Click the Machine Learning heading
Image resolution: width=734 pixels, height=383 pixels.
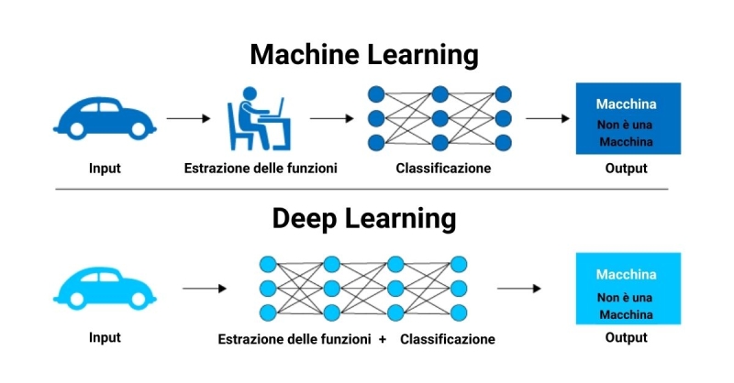tap(364, 55)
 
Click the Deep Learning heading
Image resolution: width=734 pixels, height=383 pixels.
tap(364, 219)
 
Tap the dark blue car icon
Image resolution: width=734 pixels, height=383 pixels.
tap(105, 117)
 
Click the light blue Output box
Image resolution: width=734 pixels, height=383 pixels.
tap(628, 288)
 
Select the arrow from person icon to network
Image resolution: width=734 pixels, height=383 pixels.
tap(331, 118)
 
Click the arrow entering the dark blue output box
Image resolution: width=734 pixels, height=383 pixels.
tap(548, 118)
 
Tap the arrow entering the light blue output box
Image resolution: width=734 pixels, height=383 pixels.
tap(518, 289)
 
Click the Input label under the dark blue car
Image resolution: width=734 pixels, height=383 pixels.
tap(105, 169)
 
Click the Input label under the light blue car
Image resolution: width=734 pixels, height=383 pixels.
tap(105, 337)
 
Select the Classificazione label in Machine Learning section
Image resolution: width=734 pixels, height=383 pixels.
tap(443, 169)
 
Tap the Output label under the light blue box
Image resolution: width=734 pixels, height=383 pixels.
tap(626, 337)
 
